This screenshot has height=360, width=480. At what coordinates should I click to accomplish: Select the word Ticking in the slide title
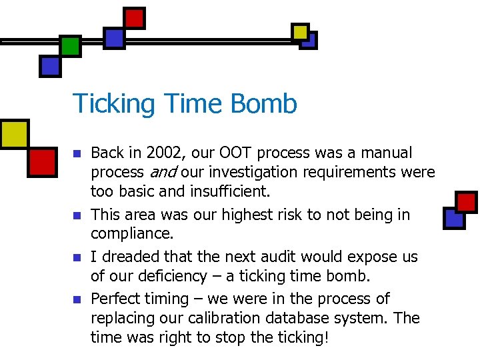tap(114, 105)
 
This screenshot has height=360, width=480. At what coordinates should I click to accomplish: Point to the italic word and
tap(162, 173)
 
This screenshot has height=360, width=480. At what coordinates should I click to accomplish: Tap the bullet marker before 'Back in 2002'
tap(77, 154)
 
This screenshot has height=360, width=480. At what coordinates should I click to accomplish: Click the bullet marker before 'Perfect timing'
tap(77, 299)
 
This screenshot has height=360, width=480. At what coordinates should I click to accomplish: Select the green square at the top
tap(70, 45)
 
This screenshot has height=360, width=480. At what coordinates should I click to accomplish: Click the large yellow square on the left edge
tap(13, 134)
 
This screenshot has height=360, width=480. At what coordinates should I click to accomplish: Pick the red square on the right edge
tap(467, 202)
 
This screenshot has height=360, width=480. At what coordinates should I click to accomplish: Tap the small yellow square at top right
tap(301, 31)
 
